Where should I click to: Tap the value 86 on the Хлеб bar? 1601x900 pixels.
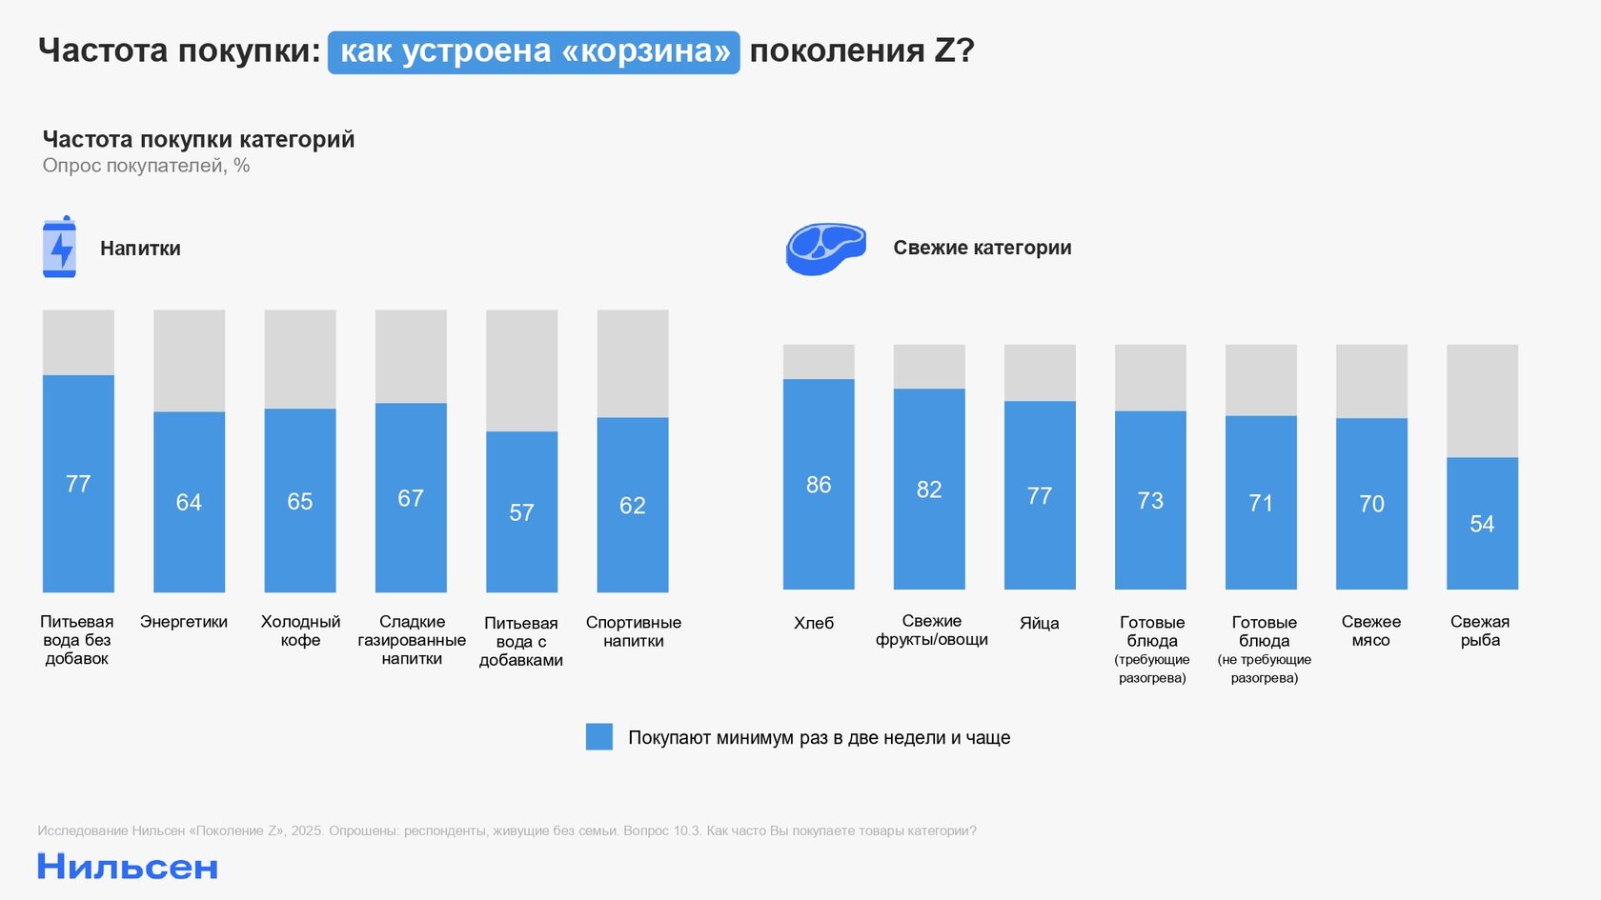pos(819,485)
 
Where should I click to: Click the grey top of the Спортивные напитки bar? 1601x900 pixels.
pos(633,363)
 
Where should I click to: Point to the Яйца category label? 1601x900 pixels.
pos(1039,623)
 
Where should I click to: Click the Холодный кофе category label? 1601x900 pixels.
pos(300,630)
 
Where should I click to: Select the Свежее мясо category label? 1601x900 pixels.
pos(1370,630)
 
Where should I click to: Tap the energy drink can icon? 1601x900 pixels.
pos(59,247)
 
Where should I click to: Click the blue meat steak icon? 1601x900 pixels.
pos(825,248)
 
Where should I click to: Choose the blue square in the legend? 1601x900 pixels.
pos(598,736)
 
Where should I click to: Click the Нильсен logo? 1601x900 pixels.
pos(128,867)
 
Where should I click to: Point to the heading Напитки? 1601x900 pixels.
pos(140,249)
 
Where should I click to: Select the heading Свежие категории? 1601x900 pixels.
pos(982,248)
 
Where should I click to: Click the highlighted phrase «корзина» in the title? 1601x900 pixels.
pos(648,51)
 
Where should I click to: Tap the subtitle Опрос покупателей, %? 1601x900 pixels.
pos(146,166)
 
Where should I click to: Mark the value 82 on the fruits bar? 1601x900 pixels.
pos(929,490)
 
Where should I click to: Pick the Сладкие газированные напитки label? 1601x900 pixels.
pos(412,640)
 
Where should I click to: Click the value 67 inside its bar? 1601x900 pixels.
pos(411,498)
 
